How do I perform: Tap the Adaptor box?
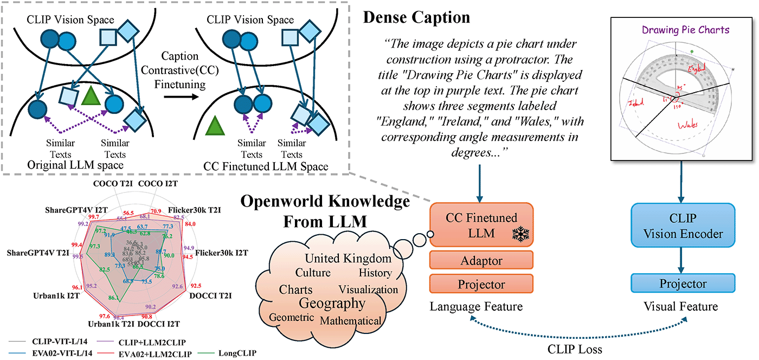(x=481, y=261)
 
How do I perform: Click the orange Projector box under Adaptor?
(x=481, y=285)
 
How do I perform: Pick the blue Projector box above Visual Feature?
(x=683, y=284)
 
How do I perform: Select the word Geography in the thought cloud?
(x=332, y=303)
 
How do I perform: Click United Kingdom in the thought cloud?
(x=348, y=258)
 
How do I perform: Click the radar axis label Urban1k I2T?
(x=48, y=296)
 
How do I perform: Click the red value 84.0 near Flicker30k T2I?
(x=190, y=223)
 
